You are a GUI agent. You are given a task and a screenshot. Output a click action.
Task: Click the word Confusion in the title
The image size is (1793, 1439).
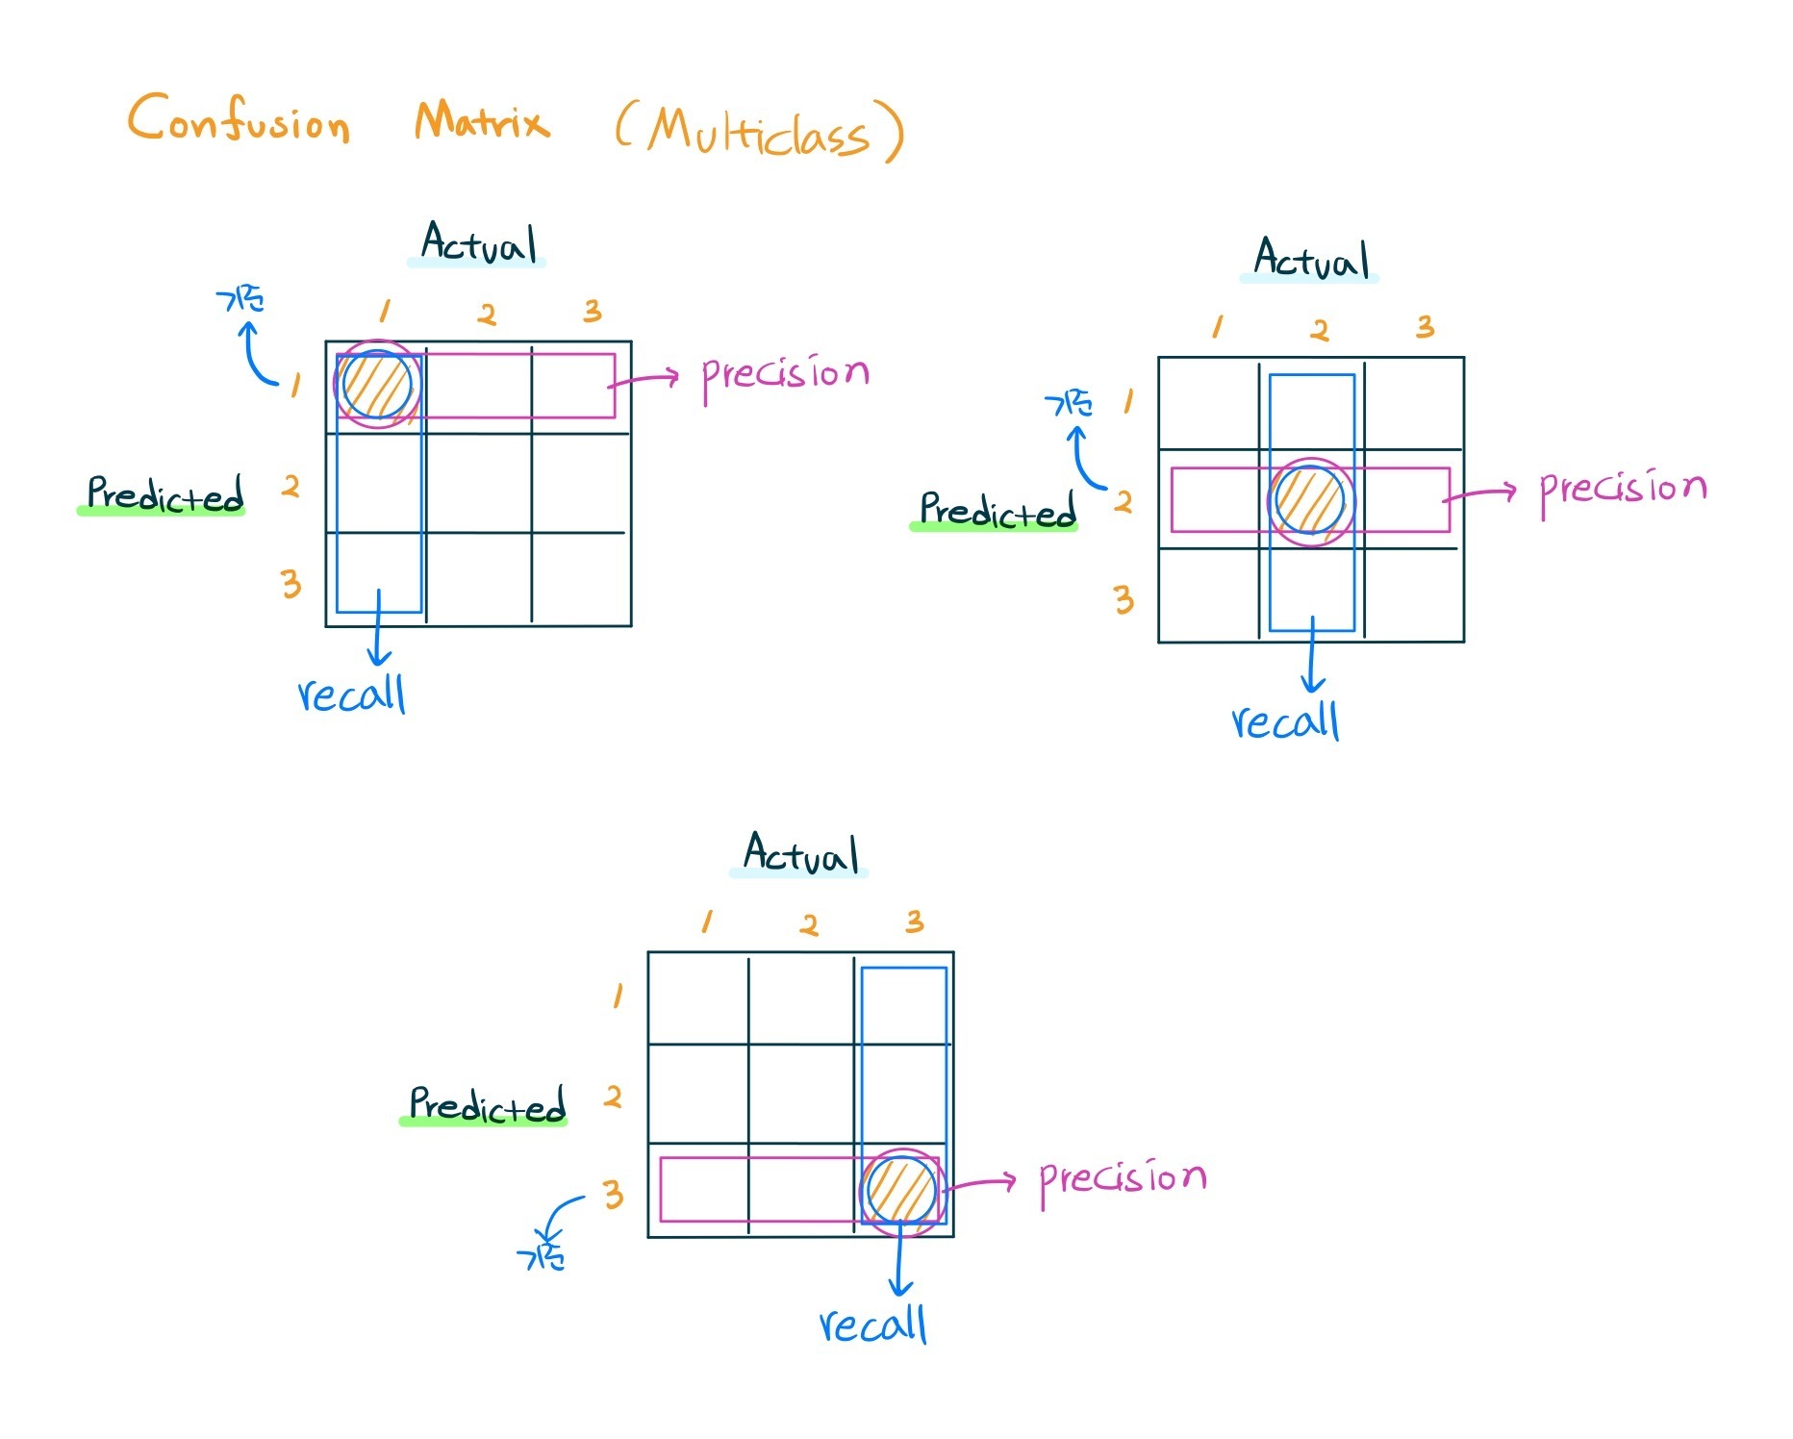(x=239, y=121)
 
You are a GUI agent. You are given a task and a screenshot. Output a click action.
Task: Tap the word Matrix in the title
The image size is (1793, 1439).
(x=482, y=122)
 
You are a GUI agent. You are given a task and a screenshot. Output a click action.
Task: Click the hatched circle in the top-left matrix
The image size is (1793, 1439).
(x=377, y=385)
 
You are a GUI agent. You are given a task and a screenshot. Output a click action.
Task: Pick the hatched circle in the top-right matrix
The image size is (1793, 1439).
(x=1310, y=501)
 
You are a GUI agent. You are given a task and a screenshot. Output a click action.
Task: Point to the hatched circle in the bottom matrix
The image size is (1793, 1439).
(x=901, y=1190)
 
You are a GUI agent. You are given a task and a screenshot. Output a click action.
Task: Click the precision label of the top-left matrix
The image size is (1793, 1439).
(x=785, y=375)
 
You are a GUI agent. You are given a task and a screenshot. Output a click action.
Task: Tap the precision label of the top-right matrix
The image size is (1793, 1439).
(x=1623, y=490)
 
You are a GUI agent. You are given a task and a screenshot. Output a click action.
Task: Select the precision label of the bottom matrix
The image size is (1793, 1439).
(x=1123, y=1179)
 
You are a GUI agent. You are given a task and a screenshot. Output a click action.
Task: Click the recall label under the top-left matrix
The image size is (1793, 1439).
(x=352, y=694)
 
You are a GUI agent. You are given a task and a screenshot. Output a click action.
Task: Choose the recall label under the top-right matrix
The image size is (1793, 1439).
(x=1286, y=721)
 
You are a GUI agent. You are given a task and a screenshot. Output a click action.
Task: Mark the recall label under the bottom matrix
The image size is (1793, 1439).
(x=873, y=1325)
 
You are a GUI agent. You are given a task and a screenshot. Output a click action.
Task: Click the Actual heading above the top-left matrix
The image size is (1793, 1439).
(x=478, y=243)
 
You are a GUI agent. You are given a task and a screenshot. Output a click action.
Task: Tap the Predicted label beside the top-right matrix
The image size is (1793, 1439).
(x=998, y=511)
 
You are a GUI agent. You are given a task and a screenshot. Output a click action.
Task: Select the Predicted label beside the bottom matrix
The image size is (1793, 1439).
(x=487, y=1105)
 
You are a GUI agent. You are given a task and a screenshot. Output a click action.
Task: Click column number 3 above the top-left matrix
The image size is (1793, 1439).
(x=593, y=311)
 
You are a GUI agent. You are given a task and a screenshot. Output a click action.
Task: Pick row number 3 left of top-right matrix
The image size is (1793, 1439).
(x=1124, y=600)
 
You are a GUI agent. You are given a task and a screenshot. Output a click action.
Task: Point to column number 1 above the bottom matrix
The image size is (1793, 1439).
(x=707, y=921)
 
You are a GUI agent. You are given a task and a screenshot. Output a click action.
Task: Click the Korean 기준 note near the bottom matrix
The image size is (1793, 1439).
(x=541, y=1256)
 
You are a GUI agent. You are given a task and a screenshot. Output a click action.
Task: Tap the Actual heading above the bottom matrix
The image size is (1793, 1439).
(x=800, y=854)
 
